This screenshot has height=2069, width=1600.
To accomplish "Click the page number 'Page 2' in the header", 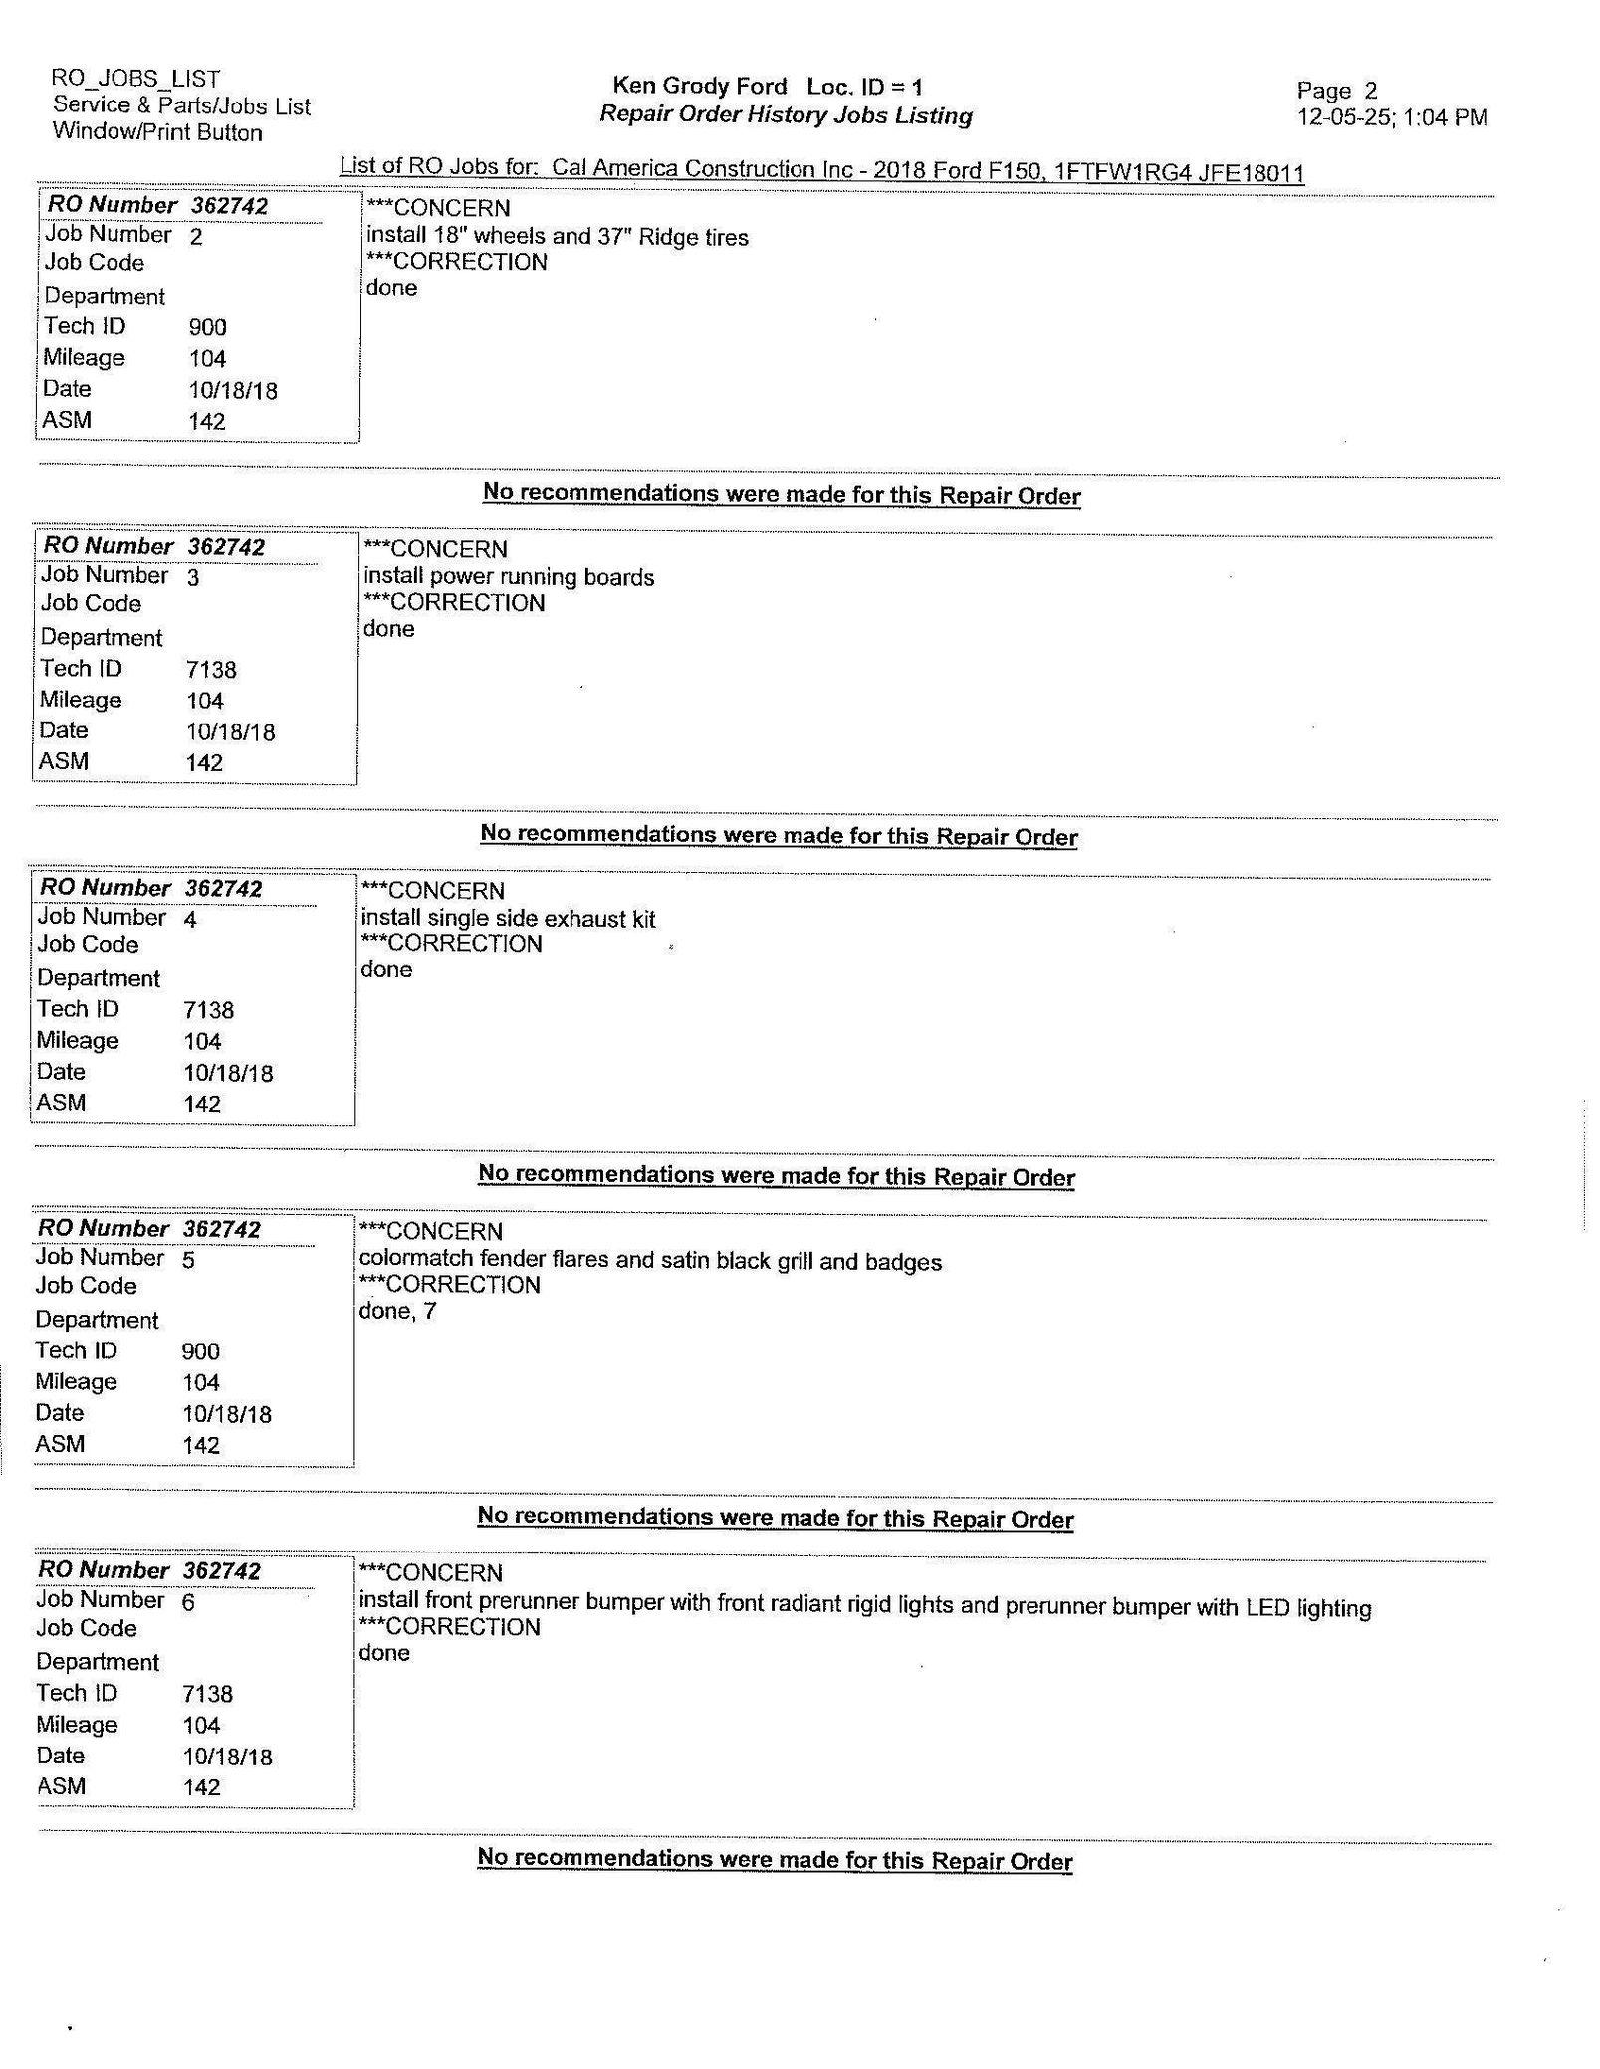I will (x=1336, y=91).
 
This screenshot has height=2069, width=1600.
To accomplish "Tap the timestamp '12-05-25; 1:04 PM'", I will (x=1392, y=117).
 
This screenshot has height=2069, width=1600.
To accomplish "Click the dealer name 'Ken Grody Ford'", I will (x=700, y=87).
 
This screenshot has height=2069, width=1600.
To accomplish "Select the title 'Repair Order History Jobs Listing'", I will (x=786, y=115).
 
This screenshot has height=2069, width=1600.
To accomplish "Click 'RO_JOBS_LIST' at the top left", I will (x=136, y=78).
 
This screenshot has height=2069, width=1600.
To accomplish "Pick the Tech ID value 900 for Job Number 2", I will (x=207, y=327).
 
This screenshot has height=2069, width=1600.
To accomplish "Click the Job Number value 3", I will (x=193, y=577).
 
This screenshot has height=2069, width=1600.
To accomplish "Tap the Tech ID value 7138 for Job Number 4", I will (x=209, y=1010).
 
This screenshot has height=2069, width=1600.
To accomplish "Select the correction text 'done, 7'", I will (x=397, y=1311).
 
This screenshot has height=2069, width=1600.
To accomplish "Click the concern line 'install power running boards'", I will (x=509, y=577).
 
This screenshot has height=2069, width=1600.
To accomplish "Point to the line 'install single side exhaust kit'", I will (x=508, y=918).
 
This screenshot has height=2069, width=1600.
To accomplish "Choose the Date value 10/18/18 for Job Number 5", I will (x=227, y=1414).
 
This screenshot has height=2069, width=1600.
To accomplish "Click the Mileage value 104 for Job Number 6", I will (x=202, y=1725).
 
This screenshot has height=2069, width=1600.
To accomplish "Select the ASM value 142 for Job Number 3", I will (x=204, y=763).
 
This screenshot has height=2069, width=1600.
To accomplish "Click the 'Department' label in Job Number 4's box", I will (x=99, y=978).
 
